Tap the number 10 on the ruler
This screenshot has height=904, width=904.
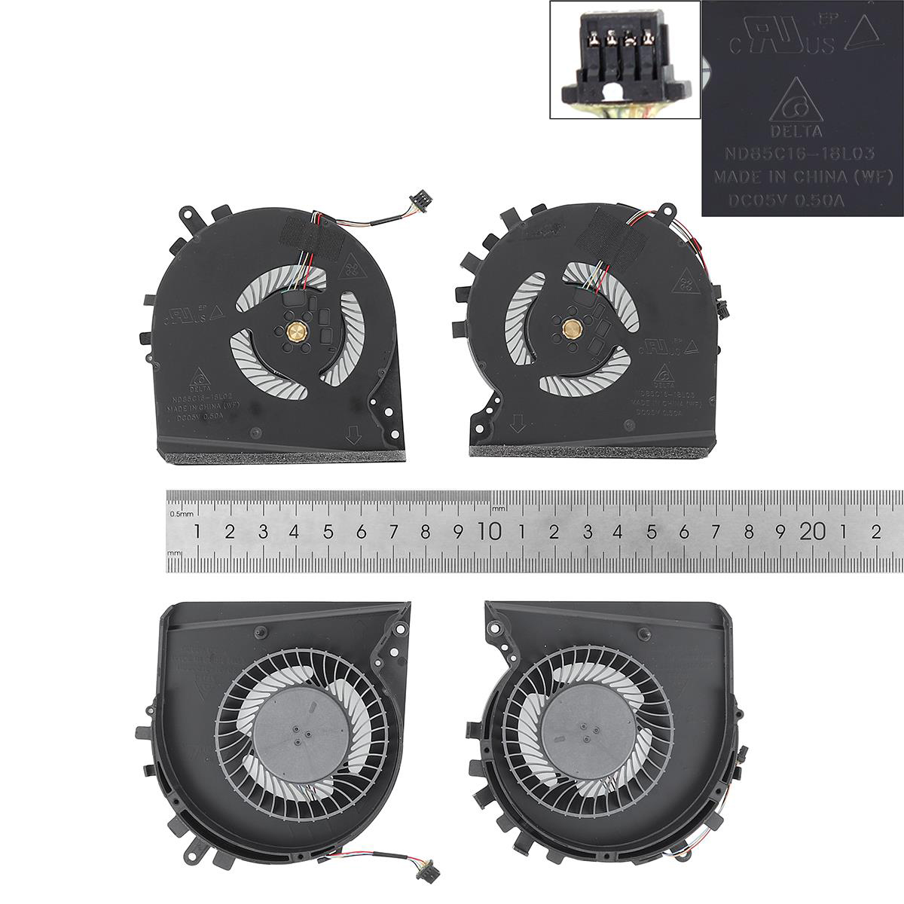pyautogui.click(x=490, y=532)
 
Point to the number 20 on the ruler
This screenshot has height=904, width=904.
pyautogui.click(x=812, y=532)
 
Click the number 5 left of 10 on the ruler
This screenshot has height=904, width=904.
pyautogui.click(x=328, y=532)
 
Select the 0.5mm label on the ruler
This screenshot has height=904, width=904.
pyautogui.click(x=181, y=515)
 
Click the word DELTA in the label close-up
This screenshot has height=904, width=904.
pyautogui.click(x=785, y=132)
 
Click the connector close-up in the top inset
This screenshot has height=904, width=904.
pyautogui.click(x=625, y=60)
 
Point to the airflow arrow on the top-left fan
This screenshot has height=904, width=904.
pyautogui.click(x=353, y=435)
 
